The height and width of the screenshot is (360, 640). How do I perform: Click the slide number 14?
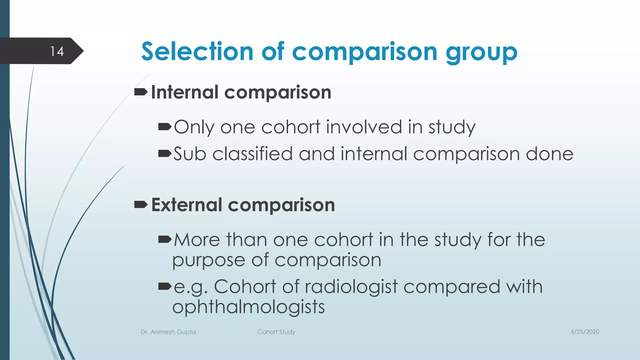click(57, 51)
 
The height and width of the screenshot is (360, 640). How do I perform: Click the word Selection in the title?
click(197, 52)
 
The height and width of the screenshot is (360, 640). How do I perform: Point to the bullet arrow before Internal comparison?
click(141, 92)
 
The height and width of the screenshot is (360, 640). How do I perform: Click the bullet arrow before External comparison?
click(141, 205)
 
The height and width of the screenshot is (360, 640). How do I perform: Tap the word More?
click(197, 240)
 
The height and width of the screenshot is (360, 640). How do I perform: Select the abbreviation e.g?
click(191, 287)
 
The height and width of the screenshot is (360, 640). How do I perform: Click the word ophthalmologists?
click(248, 307)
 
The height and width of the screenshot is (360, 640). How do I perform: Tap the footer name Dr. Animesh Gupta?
click(168, 332)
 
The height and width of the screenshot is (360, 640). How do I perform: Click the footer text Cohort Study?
click(276, 332)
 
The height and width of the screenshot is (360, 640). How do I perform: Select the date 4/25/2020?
click(585, 332)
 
